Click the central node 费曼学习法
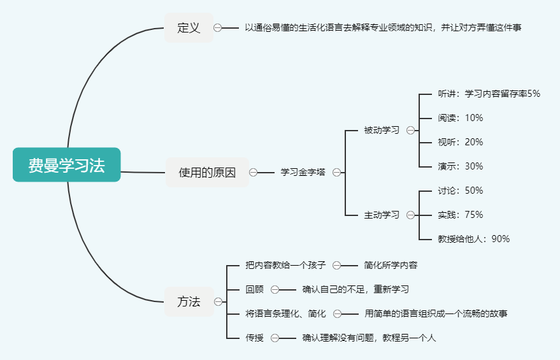66,165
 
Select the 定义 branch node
189,28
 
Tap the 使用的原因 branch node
207,172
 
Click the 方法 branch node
189,301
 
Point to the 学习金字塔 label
303,172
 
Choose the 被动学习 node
382,131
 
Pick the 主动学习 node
382,215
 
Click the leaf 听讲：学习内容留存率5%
489,94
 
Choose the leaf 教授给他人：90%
473,239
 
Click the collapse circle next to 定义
218,28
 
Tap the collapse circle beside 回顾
275,289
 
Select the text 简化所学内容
391,265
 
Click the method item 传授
254,338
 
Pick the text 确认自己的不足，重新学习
355,289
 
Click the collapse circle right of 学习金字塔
336,172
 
